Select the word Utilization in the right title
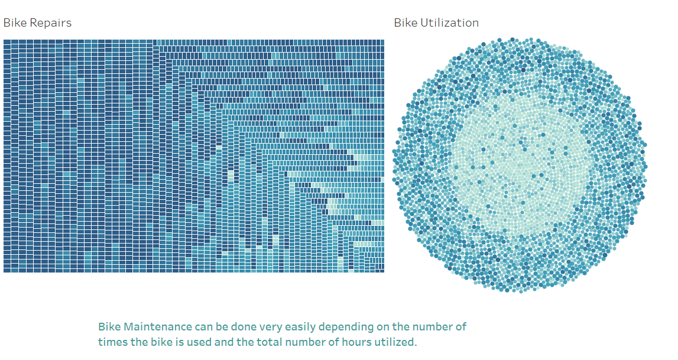point(450,23)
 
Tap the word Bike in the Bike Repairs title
point(16,23)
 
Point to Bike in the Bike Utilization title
point(406,23)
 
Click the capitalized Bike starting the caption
point(109,327)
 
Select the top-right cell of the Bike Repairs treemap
point(381,43)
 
